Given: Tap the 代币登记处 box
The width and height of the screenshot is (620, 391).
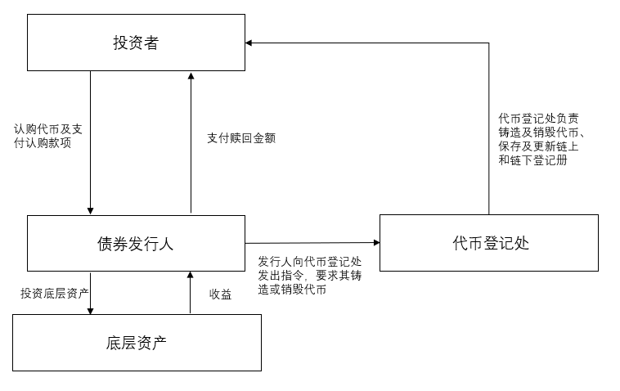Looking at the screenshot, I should tap(488, 243).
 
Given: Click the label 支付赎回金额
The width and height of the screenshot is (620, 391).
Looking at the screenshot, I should tap(241, 139).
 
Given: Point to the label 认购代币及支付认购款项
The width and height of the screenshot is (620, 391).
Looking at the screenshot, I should tap(48, 136).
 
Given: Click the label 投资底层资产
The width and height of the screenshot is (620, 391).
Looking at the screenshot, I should tap(55, 294).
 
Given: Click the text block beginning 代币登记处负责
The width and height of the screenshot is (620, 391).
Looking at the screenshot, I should tap(541, 139).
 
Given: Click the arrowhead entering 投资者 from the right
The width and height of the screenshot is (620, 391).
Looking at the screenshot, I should tap(250, 43).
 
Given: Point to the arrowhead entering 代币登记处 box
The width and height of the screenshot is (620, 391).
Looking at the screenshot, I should tap(375, 242).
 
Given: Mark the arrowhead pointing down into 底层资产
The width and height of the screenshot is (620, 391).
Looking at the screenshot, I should tap(90, 309).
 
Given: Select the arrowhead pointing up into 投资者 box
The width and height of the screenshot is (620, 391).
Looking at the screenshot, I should tap(191, 76).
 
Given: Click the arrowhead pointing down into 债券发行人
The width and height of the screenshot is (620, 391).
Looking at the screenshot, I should tap(90, 210).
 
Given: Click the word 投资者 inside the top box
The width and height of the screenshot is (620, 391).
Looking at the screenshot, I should tap(136, 43).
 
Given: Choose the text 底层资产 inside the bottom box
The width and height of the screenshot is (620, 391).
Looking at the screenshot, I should tap(137, 342).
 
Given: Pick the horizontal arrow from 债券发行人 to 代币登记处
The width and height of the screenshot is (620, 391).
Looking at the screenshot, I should tap(311, 243).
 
